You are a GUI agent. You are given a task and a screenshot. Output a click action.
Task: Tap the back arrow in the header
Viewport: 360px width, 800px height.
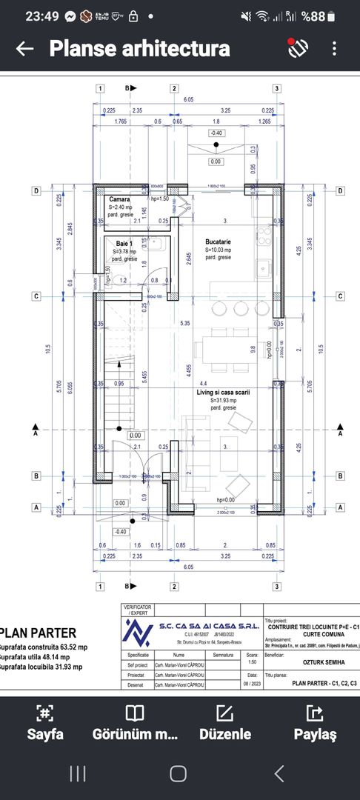click(x=24, y=49)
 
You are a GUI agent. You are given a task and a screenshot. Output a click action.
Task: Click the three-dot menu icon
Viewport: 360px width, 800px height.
click(x=335, y=49)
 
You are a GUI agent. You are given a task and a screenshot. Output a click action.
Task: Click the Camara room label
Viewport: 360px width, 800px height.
click(x=120, y=200)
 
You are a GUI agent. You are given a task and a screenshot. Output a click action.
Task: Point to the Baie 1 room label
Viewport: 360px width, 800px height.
click(x=124, y=243)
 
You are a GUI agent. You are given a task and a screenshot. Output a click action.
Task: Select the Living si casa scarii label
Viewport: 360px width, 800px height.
click(x=224, y=392)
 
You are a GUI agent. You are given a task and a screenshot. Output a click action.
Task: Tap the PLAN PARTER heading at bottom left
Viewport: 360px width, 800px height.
click(x=39, y=633)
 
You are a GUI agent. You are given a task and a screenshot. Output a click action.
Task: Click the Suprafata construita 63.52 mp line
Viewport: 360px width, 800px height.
click(x=43, y=646)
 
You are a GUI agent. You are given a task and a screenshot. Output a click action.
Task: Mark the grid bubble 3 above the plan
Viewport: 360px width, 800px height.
click(x=276, y=89)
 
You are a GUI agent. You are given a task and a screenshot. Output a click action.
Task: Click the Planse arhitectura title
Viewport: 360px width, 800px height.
click(x=139, y=49)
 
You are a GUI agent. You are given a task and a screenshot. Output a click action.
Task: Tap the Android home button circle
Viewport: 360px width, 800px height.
click(x=178, y=773)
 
